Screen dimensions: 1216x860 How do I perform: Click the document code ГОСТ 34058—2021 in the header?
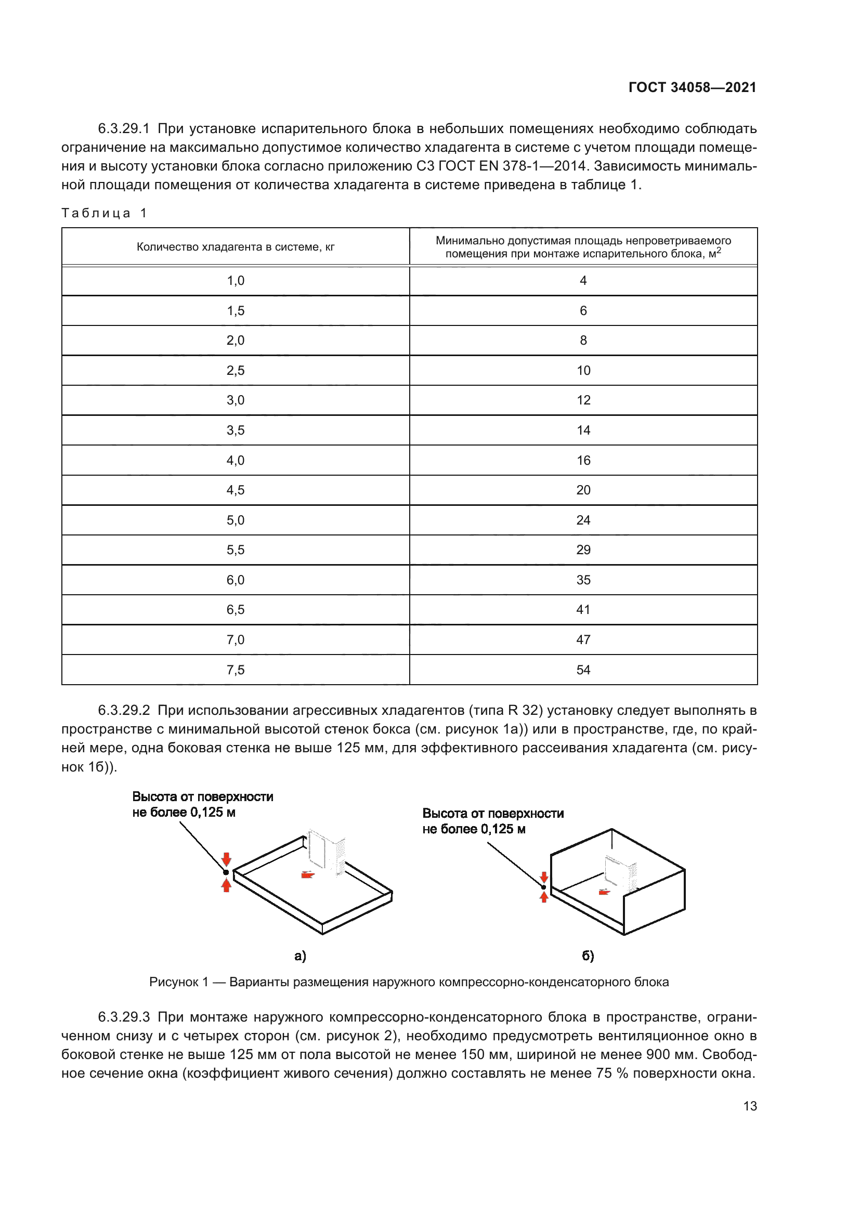pos(692,87)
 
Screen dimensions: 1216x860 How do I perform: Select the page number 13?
pos(750,1106)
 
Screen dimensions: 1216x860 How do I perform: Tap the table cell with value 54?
pos(583,670)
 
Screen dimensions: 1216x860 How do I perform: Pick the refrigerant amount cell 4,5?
pos(236,490)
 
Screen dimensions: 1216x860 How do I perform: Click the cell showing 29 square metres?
pos(583,550)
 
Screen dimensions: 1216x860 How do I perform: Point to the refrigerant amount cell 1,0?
pos(236,281)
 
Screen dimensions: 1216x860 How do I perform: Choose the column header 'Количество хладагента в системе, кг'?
pos(236,247)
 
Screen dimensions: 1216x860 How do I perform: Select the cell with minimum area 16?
pos(583,461)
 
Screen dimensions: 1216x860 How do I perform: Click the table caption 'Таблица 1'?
pos(105,213)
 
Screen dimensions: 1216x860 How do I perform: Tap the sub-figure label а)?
pos(300,956)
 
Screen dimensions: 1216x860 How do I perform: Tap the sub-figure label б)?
pos(588,956)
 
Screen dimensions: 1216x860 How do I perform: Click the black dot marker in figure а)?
pos(226,872)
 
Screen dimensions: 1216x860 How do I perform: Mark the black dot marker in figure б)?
pos(544,887)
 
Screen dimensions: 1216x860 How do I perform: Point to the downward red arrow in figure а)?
pos(227,858)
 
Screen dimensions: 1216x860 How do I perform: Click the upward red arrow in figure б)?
pos(544,897)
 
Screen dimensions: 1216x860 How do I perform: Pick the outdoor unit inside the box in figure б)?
pos(621,872)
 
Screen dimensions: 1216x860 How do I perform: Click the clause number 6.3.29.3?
pos(124,1017)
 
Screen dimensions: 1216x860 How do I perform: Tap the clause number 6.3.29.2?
pos(124,710)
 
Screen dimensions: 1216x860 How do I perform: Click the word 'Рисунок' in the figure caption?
pos(173,982)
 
